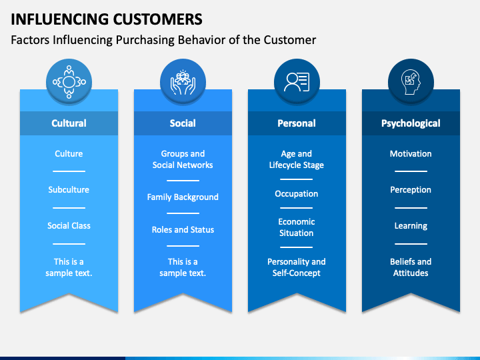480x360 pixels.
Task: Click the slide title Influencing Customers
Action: point(107,18)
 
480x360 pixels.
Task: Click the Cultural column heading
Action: point(69,123)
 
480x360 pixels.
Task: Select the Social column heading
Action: point(183,123)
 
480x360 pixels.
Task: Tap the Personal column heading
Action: point(297,123)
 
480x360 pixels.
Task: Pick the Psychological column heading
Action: point(411,123)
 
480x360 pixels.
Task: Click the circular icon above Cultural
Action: point(69,81)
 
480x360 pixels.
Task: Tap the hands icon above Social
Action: point(183,81)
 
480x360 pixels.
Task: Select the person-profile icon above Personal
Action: point(297,81)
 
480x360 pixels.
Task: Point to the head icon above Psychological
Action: point(411,81)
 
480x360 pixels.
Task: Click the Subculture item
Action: point(69,190)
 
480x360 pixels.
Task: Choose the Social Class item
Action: point(69,226)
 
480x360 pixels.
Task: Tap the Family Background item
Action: point(183,197)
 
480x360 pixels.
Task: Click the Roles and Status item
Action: point(183,230)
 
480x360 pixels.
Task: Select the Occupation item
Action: point(297,194)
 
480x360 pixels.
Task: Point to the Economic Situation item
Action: point(297,227)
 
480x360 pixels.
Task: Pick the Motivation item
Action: point(411,154)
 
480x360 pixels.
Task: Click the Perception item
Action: point(411,190)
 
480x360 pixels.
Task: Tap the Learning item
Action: point(411,226)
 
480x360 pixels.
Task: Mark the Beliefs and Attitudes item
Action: point(411,267)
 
